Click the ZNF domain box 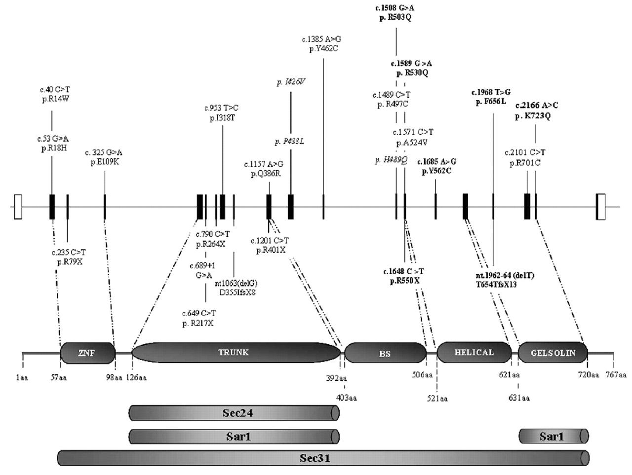pyautogui.click(x=87, y=353)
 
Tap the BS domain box pyautogui.click(x=385, y=354)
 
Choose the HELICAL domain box pyautogui.click(x=474, y=353)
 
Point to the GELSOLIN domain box pyautogui.click(x=553, y=353)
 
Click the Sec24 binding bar pyautogui.click(x=234, y=413)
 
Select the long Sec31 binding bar pyautogui.click(x=323, y=458)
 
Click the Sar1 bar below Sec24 pyautogui.click(x=234, y=437)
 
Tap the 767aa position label pyautogui.click(x=616, y=375)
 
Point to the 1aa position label pyautogui.click(x=22, y=378)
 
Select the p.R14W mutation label pyautogui.click(x=55, y=99)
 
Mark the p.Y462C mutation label pyautogui.click(x=323, y=49)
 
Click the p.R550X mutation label pyautogui.click(x=404, y=281)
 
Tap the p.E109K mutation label pyautogui.click(x=104, y=162)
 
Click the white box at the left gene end pyautogui.click(x=18, y=207)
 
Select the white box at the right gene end pyautogui.click(x=600, y=207)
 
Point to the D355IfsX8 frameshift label pyautogui.click(x=237, y=292)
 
